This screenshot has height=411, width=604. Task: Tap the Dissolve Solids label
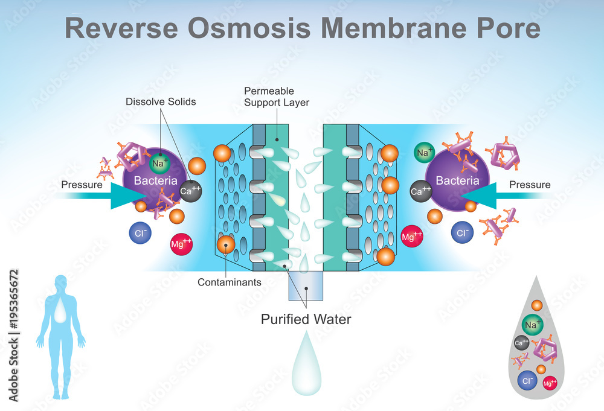pyautogui.click(x=161, y=102)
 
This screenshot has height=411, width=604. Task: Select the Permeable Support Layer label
pyautogui.click(x=277, y=97)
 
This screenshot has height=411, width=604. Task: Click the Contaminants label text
pyautogui.click(x=229, y=282)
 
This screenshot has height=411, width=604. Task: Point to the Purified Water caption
pyautogui.click(x=306, y=319)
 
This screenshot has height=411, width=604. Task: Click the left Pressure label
pyautogui.click(x=82, y=185)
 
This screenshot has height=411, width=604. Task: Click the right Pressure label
pyautogui.click(x=530, y=185)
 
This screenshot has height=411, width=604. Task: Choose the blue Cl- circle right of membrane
pyautogui.click(x=462, y=232)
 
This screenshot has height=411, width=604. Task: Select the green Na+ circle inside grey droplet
pyautogui.click(x=532, y=325)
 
